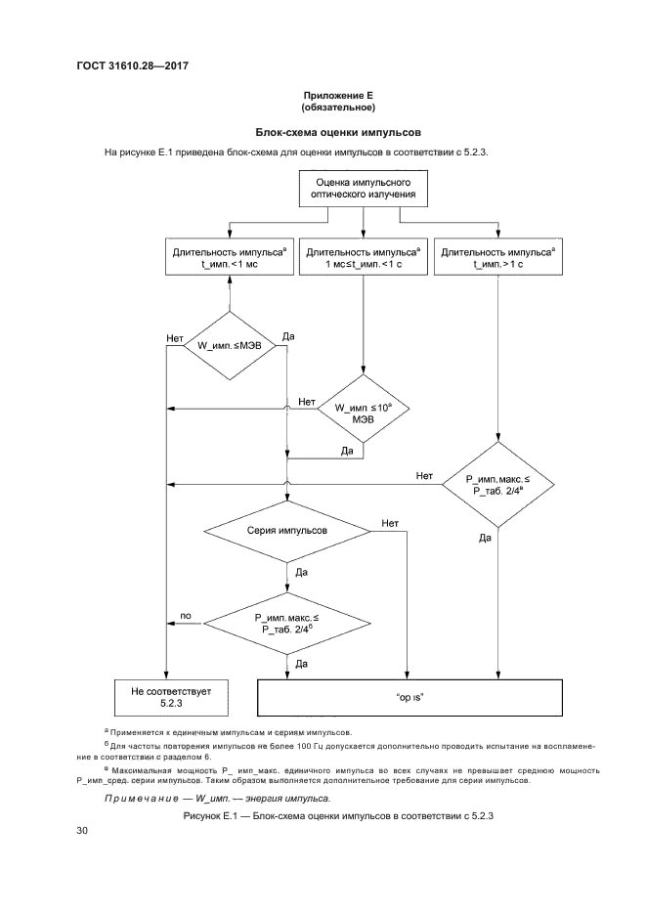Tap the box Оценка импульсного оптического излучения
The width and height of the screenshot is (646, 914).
tap(363, 189)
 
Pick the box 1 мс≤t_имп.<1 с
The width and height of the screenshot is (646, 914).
tap(363, 257)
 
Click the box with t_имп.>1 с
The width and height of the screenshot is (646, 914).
tap(497, 257)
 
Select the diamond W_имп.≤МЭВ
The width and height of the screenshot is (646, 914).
tap(230, 346)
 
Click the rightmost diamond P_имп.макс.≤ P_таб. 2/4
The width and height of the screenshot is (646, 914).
tap(498, 485)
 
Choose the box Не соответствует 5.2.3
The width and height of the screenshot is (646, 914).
tap(163, 696)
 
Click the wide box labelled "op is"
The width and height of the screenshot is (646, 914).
tap(409, 697)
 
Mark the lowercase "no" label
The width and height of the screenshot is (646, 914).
tap(186, 616)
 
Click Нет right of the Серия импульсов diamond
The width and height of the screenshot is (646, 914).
tap(391, 523)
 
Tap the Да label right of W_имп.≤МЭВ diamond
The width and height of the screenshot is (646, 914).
tap(288, 337)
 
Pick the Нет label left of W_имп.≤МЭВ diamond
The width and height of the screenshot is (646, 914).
tap(176, 338)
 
